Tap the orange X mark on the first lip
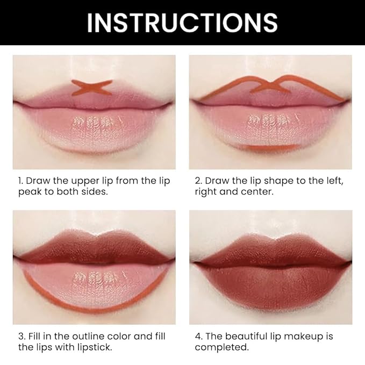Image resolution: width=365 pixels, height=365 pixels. pyautogui.click(x=92, y=87)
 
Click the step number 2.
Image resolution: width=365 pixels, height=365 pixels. pyautogui.click(x=197, y=181)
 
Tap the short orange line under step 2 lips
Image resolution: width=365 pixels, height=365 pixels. pyautogui.click(x=267, y=147)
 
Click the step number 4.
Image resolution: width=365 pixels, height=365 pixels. pyautogui.click(x=197, y=337)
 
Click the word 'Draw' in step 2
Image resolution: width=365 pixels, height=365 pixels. pyautogui.click(x=217, y=181)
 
